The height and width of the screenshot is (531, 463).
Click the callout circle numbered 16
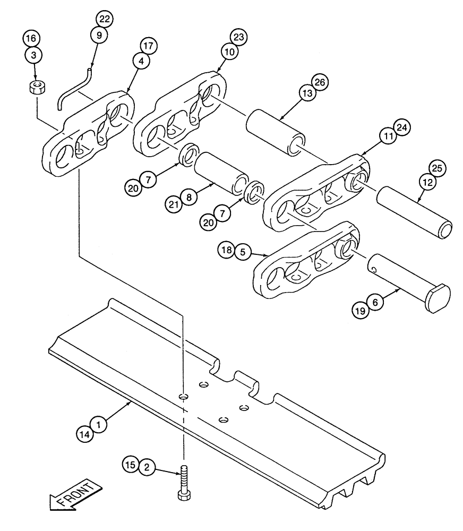(31, 38)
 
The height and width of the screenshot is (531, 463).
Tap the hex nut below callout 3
(36, 87)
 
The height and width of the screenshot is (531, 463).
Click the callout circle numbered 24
(401, 128)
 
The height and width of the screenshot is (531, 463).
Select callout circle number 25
(438, 168)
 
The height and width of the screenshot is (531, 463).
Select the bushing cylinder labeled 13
(275, 132)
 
